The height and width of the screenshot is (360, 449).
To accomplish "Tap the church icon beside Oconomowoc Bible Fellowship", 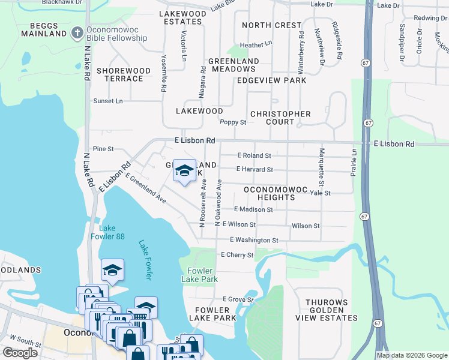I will pos(76,32).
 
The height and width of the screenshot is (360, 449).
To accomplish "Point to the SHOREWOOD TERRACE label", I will pos(123,74).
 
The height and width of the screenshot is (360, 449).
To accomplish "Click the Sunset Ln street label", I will pos(107,101).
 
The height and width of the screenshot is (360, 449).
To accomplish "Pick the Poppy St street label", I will pos(233,122).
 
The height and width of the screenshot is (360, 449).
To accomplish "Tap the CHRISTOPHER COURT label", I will pos(280,118).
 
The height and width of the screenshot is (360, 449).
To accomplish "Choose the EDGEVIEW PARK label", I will pos(271,80).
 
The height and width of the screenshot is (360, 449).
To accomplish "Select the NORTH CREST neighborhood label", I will pos(271,25).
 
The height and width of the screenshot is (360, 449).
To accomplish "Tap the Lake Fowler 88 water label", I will pos(112,232).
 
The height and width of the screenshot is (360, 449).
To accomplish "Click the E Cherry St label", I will pos(237,255).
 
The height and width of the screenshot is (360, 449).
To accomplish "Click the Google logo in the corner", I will pos(20,353).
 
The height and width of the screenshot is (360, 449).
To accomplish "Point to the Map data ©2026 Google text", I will pos(412,355).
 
